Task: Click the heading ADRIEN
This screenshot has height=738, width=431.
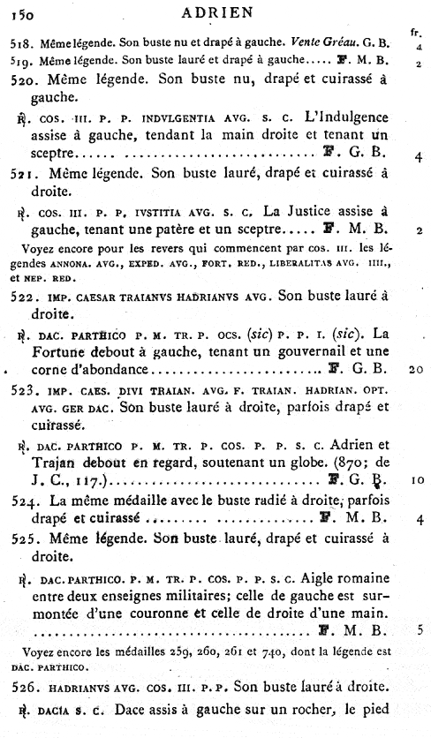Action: point(215,12)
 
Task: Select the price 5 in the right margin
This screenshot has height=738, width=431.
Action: point(420,630)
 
